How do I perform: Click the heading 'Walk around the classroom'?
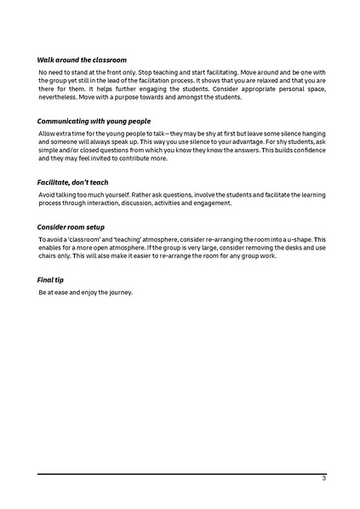[x=82, y=60]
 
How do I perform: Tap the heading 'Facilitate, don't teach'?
[x=72, y=182]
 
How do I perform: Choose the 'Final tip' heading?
[x=52, y=280]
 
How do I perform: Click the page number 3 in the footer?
[x=323, y=478]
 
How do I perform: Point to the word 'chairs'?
[x=49, y=256]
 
